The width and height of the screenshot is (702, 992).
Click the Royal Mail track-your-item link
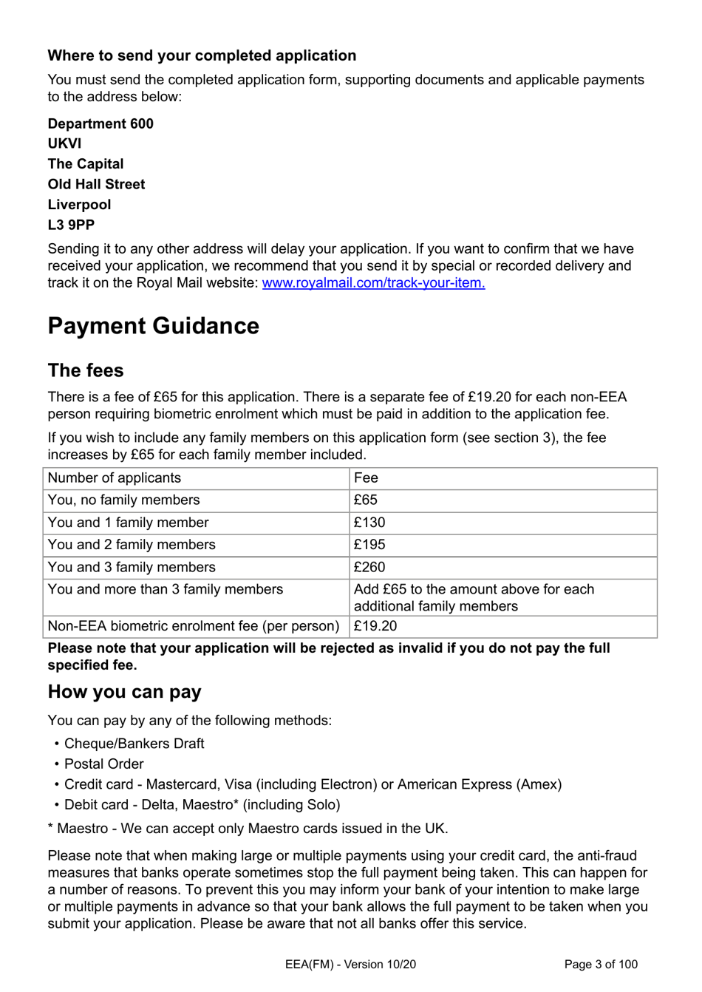[373, 282]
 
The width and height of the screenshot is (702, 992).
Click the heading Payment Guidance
[153, 326]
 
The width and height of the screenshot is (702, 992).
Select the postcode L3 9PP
[71, 225]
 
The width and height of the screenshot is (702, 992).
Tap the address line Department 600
[100, 123]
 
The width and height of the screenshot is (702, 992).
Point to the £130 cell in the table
[369, 523]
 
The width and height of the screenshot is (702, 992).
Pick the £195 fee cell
[369, 545]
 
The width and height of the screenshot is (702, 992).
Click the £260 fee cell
[369, 567]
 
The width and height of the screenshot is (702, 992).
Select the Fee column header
[366, 478]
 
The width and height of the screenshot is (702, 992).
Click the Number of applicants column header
[114, 478]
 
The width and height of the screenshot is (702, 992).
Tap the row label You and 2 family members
[132, 545]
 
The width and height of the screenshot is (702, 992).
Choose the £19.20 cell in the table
[375, 626]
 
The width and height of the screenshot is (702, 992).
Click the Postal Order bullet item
[103, 764]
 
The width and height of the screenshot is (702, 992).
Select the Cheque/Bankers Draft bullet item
[134, 744]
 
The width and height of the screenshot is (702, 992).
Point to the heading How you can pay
[124, 692]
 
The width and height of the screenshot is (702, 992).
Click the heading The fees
[86, 370]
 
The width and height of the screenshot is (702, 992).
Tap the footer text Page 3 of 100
[600, 964]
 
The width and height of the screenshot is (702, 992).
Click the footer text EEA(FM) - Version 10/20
[350, 964]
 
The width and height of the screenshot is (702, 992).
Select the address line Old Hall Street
[96, 184]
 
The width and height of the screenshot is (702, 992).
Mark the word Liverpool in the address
[79, 205]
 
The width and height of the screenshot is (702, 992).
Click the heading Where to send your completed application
[202, 55]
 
